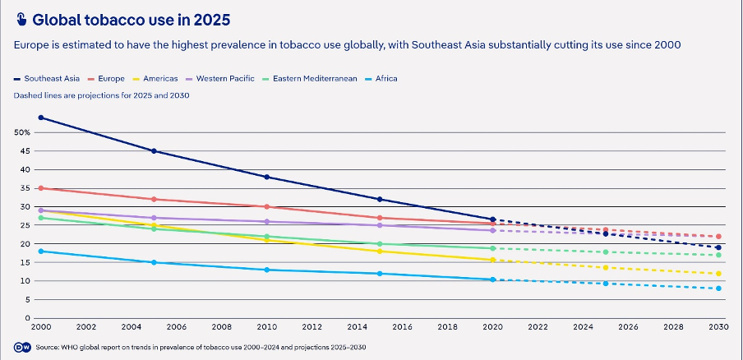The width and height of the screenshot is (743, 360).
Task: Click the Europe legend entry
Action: [110, 79]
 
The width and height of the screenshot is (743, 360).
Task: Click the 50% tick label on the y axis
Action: [22, 132]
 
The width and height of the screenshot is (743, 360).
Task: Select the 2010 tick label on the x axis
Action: [266, 326]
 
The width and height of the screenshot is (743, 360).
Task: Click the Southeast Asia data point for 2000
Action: [41, 118]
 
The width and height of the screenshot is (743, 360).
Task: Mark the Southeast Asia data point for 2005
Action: [154, 151]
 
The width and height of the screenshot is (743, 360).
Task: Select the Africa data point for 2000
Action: [41, 251]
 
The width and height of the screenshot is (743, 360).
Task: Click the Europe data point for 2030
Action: [718, 237]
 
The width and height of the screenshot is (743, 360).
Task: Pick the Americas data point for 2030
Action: [718, 274]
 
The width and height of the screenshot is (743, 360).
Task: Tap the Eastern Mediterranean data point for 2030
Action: [718, 255]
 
